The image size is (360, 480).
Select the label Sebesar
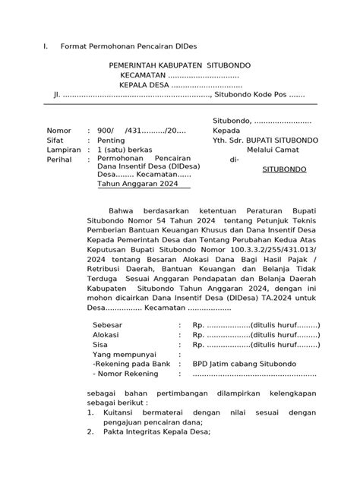(107, 324)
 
